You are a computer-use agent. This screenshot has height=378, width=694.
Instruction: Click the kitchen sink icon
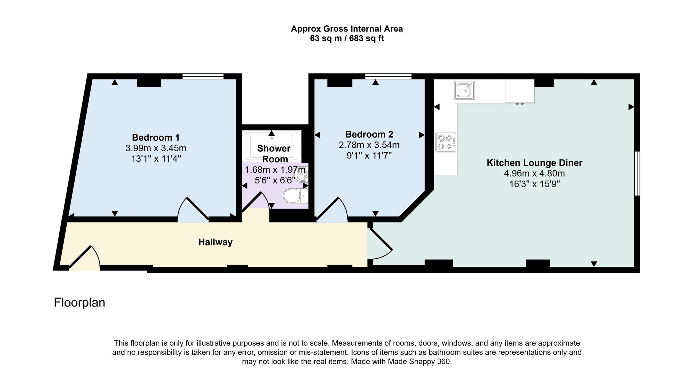464,90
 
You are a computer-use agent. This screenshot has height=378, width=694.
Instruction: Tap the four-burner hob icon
446,142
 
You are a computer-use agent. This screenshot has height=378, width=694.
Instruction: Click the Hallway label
215,242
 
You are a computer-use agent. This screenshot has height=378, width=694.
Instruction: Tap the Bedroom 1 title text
156,137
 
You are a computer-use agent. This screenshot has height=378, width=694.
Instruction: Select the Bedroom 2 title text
369,134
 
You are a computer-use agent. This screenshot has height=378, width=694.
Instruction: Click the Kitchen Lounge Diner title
534,163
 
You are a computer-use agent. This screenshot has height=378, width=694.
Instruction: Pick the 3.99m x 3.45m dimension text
156,148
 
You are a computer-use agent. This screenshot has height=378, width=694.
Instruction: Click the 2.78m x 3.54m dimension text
369,145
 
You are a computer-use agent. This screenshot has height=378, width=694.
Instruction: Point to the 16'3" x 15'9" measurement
534,184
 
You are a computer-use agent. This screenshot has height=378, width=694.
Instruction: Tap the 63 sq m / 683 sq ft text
347,38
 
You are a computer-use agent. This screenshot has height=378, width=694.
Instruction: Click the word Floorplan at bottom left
79,302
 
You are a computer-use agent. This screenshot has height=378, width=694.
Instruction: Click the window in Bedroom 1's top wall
203,76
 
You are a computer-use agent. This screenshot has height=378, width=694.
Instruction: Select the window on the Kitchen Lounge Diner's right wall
637,173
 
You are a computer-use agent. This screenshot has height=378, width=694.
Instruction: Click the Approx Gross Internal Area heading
347,29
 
